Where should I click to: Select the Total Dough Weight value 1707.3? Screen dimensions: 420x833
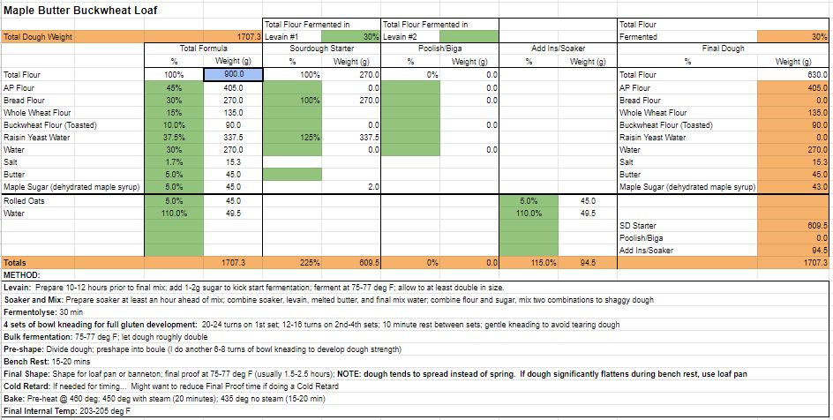pyautogui.click(x=248, y=37)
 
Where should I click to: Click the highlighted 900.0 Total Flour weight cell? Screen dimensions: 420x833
pyautogui.click(x=233, y=75)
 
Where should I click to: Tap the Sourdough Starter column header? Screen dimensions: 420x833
pyautogui.click(x=322, y=49)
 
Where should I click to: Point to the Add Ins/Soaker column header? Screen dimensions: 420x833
pyautogui.click(x=559, y=49)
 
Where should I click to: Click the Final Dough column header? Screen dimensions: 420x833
pyautogui.click(x=723, y=49)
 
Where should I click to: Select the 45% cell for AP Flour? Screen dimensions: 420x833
pyautogui.click(x=175, y=87)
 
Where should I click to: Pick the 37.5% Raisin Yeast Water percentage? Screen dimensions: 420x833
pyautogui.click(x=175, y=138)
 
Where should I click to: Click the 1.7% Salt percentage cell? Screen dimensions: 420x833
pyautogui.click(x=175, y=162)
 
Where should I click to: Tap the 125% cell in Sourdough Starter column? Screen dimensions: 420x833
pyautogui.click(x=310, y=138)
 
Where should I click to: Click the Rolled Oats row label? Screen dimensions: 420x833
pyautogui.click(x=24, y=201)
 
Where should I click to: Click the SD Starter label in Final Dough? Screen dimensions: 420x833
pyautogui.click(x=637, y=226)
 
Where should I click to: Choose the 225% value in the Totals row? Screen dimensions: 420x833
pyautogui.click(x=310, y=263)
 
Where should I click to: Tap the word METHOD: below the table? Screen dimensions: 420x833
pyautogui.click(x=22, y=274)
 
